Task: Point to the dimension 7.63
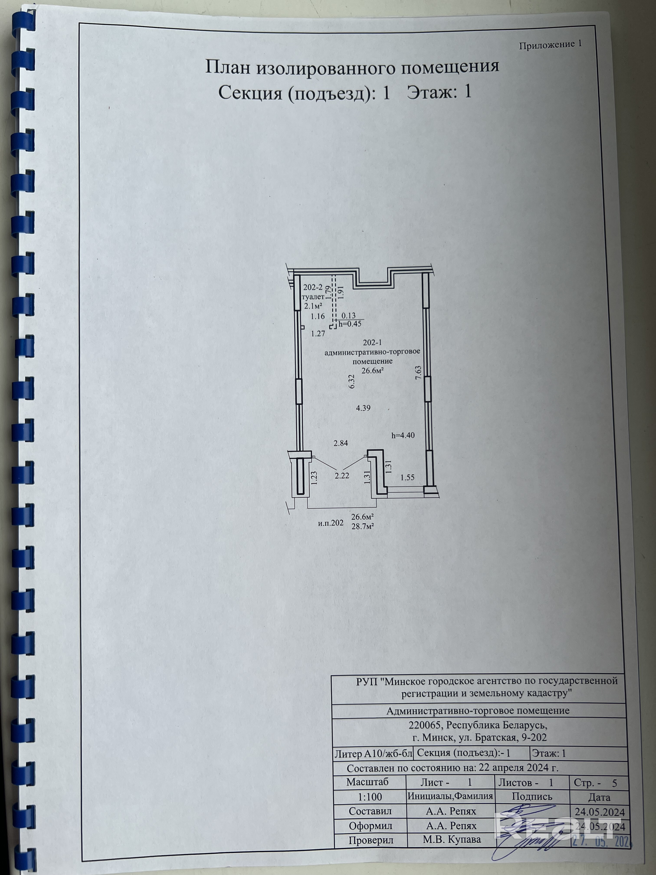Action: [x=418, y=373]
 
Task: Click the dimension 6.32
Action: [x=351, y=382]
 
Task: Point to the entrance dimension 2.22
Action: [x=342, y=476]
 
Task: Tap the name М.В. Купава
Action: [x=452, y=839]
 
